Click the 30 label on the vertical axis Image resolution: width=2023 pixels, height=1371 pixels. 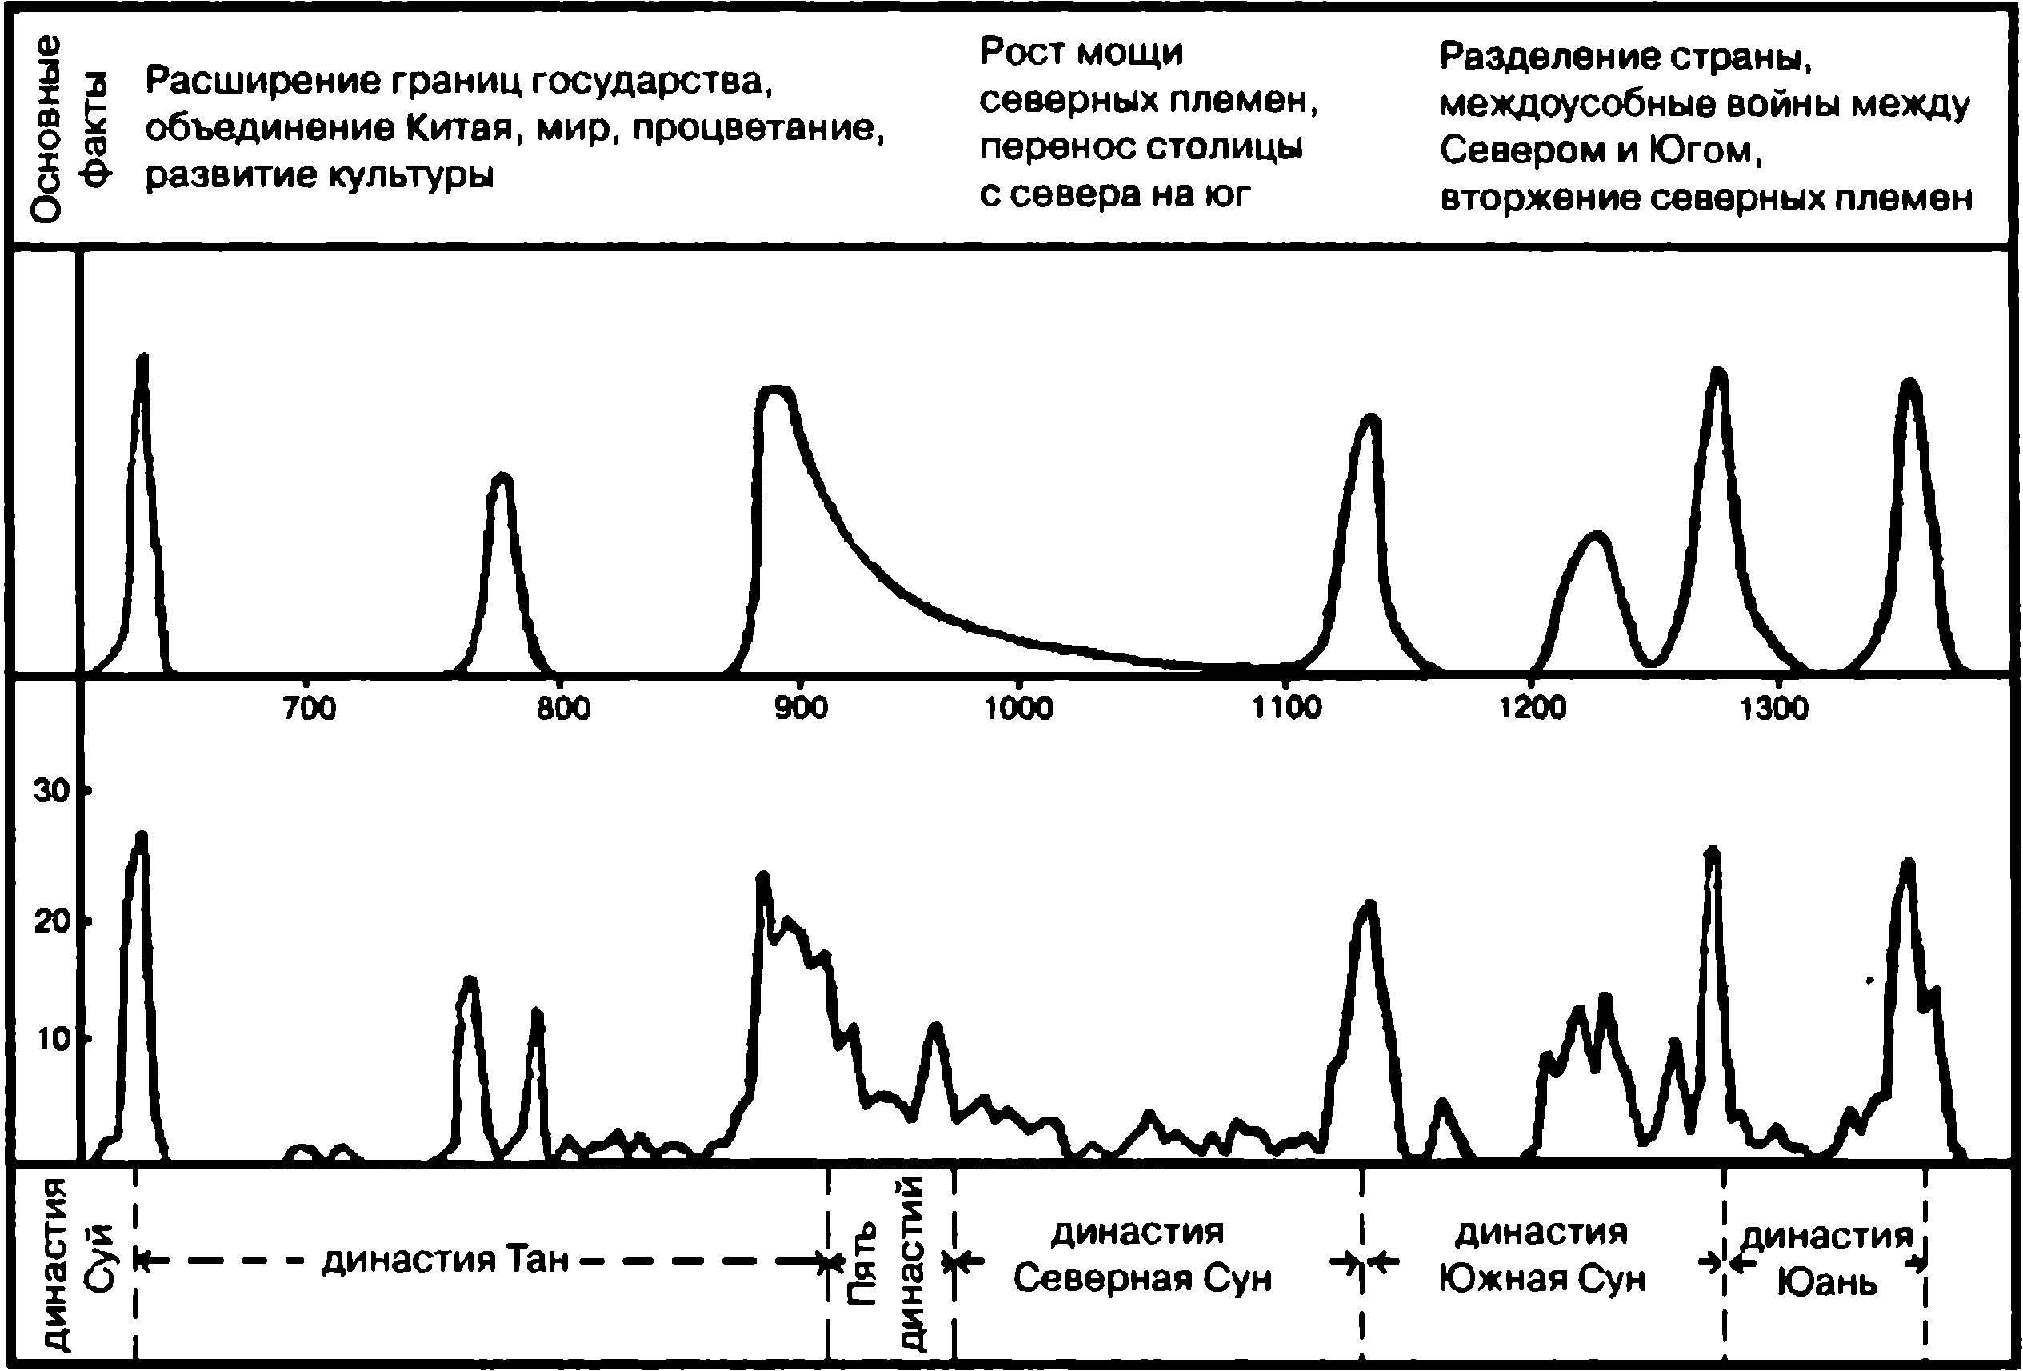[x=50, y=791]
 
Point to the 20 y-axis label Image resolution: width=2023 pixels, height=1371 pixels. [x=50, y=921]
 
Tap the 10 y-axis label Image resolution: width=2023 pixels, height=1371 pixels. [x=50, y=1039]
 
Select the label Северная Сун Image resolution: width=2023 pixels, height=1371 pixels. [x=1142, y=1279]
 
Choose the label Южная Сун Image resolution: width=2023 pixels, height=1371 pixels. [x=1541, y=1279]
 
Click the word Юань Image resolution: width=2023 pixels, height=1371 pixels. [x=1826, y=1282]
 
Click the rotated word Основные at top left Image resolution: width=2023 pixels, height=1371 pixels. [x=47, y=127]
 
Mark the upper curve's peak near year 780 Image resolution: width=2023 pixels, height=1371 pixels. [x=502, y=477]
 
